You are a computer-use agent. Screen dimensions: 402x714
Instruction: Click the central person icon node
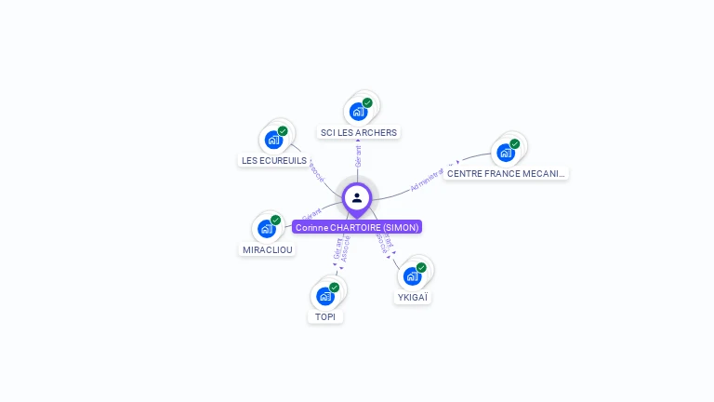357,197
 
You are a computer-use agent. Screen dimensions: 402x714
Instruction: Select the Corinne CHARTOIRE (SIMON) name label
357,227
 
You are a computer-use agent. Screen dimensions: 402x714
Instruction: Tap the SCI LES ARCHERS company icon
358,112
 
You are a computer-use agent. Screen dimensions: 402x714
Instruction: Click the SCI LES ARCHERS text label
359,132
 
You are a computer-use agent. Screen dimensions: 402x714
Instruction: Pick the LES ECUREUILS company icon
273,140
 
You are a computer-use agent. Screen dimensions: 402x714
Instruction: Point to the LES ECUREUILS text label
274,160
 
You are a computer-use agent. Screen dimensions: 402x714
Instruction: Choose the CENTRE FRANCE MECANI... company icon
506,152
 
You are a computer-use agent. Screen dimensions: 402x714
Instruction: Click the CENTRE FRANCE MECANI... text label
506,173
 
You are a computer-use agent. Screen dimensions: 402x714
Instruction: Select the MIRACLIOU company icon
267,229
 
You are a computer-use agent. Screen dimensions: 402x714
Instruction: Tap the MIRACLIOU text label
268,249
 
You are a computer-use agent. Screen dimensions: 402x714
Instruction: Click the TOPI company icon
325,296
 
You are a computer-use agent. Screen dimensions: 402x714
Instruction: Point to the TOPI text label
325,316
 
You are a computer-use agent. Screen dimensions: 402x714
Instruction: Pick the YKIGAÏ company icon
413,276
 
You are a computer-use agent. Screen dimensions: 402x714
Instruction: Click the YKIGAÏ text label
414,298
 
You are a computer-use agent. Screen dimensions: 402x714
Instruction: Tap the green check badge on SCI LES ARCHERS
367,103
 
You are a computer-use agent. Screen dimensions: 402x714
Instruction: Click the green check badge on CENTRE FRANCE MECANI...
515,143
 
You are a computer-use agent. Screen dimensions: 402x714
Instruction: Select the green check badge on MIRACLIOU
276,221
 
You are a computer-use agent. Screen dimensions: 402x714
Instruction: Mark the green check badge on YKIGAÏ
422,268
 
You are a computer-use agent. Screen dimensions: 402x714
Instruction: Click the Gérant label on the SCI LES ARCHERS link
358,155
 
